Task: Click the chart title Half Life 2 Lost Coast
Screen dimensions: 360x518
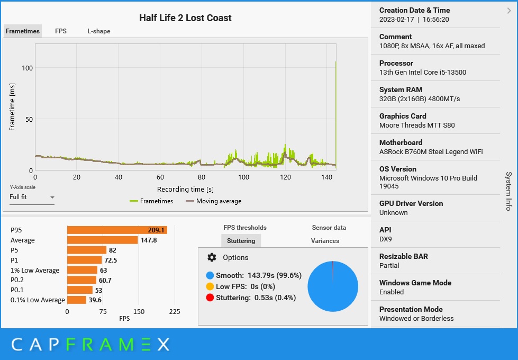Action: click(185, 18)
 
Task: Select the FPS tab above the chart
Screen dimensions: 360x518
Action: click(61, 31)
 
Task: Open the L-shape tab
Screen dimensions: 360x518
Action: click(99, 31)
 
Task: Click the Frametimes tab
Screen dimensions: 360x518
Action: click(23, 31)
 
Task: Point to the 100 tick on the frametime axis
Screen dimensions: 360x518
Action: click(27, 68)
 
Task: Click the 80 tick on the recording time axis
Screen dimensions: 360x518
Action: click(202, 178)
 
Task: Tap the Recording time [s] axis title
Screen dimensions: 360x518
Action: click(185, 189)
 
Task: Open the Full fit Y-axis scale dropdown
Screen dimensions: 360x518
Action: click(32, 197)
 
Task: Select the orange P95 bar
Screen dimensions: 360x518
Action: click(116, 230)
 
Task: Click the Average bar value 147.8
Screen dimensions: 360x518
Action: click(149, 240)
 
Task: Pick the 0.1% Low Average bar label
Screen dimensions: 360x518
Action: click(38, 300)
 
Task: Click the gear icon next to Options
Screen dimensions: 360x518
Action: click(212, 257)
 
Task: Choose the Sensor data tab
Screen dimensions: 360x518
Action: click(329, 228)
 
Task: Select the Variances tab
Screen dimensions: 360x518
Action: click(325, 241)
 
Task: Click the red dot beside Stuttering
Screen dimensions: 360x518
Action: click(210, 298)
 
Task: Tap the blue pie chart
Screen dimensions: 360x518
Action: click(332, 286)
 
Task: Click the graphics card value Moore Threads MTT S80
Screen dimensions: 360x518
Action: click(417, 125)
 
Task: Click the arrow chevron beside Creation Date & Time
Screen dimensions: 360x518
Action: click(508, 10)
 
